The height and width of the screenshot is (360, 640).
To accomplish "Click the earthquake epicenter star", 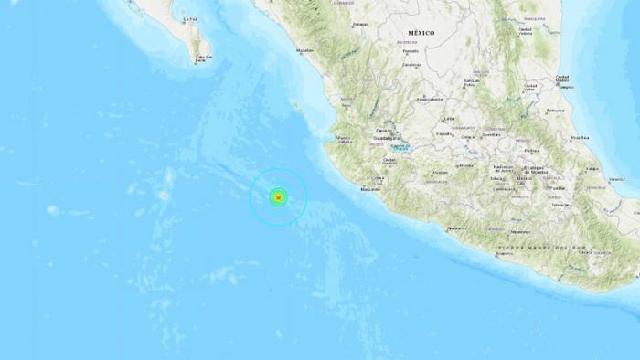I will tap(278, 196).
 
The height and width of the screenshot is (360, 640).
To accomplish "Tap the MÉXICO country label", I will tap(421, 33).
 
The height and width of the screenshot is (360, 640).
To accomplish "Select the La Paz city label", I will tap(189, 18).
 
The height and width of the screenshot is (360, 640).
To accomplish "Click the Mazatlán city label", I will tap(304, 51).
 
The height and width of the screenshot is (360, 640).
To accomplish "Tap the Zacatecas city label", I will tap(411, 65).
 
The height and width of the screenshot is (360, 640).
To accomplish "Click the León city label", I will tap(447, 119).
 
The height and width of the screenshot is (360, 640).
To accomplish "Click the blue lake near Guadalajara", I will tap(402, 147).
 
